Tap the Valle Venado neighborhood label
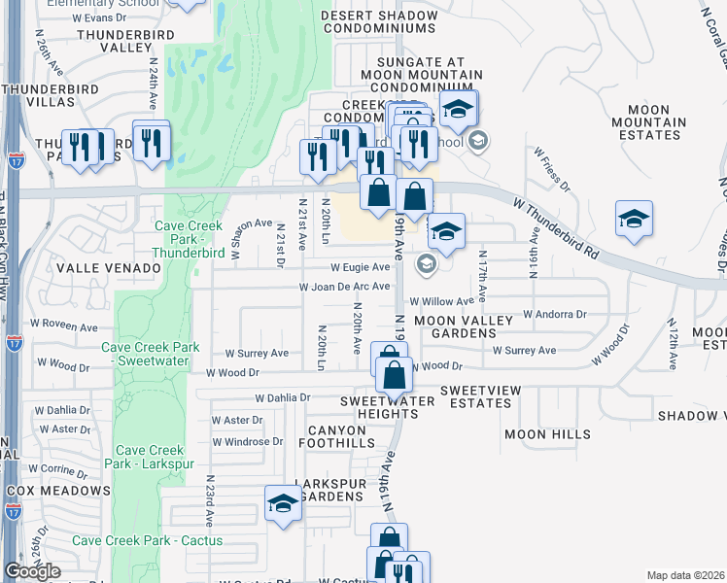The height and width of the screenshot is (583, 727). (108, 267)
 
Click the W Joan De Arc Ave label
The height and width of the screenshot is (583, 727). (344, 288)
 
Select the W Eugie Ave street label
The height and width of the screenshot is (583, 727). (360, 266)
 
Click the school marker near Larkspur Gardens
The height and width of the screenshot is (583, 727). (283, 504)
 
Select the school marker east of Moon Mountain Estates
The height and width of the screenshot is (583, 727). (634, 220)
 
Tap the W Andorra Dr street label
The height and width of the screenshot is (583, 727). (555, 314)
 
